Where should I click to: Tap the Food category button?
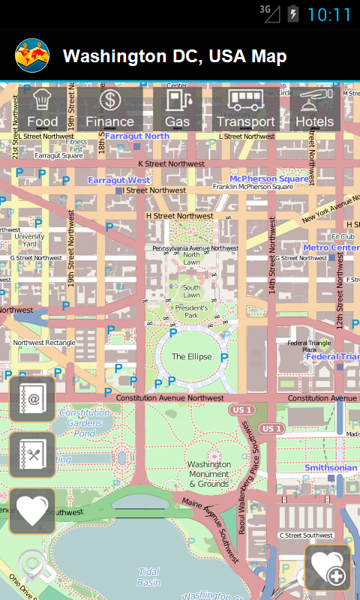tap(43, 109)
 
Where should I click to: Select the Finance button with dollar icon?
tap(110, 109)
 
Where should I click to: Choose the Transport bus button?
tap(245, 109)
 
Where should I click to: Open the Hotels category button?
tap(315, 109)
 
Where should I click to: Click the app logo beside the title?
tap(32, 55)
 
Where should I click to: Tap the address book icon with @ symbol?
tap(32, 399)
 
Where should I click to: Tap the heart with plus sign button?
tap(328, 568)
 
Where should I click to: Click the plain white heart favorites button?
tap(32, 511)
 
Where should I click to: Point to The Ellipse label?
tap(191, 357)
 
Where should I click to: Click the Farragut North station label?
tap(137, 136)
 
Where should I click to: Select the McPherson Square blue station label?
tap(269, 179)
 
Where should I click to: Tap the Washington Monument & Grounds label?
tap(209, 474)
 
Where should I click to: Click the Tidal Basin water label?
tap(148, 577)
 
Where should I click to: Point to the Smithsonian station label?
tap(331, 468)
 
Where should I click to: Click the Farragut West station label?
tap(119, 180)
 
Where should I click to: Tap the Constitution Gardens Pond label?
tap(85, 423)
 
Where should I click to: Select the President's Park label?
tap(191, 312)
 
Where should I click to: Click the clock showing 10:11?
tap(328, 14)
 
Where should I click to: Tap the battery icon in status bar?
tap(293, 13)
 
